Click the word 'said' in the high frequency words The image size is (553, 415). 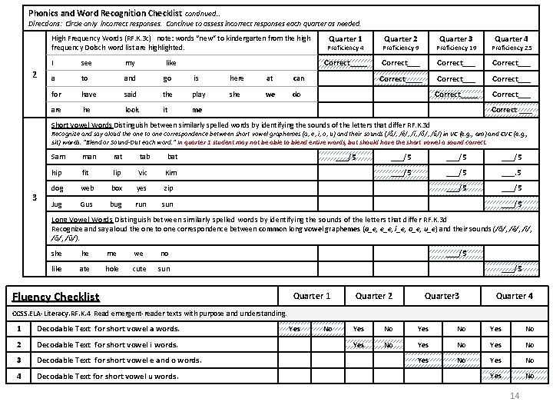click(130, 95)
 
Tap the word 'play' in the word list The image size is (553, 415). click(199, 95)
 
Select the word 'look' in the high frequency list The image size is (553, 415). click(132, 110)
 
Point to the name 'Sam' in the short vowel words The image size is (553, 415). click(58, 157)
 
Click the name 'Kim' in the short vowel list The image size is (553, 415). click(171, 173)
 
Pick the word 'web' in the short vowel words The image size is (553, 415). click(88, 188)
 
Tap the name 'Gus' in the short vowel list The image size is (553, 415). click(86, 205)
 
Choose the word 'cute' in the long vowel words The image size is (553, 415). click(139, 269)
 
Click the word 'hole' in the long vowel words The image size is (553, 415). click(112, 269)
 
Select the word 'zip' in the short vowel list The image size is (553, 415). click(168, 188)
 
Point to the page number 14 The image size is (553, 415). click(515, 396)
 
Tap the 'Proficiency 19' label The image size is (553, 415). click(456, 48)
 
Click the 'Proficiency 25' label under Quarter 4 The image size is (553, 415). click(512, 48)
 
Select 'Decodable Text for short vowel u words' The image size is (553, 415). click(108, 377)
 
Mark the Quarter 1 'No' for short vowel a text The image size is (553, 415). click(328, 330)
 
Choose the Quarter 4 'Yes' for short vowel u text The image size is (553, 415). click(495, 376)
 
